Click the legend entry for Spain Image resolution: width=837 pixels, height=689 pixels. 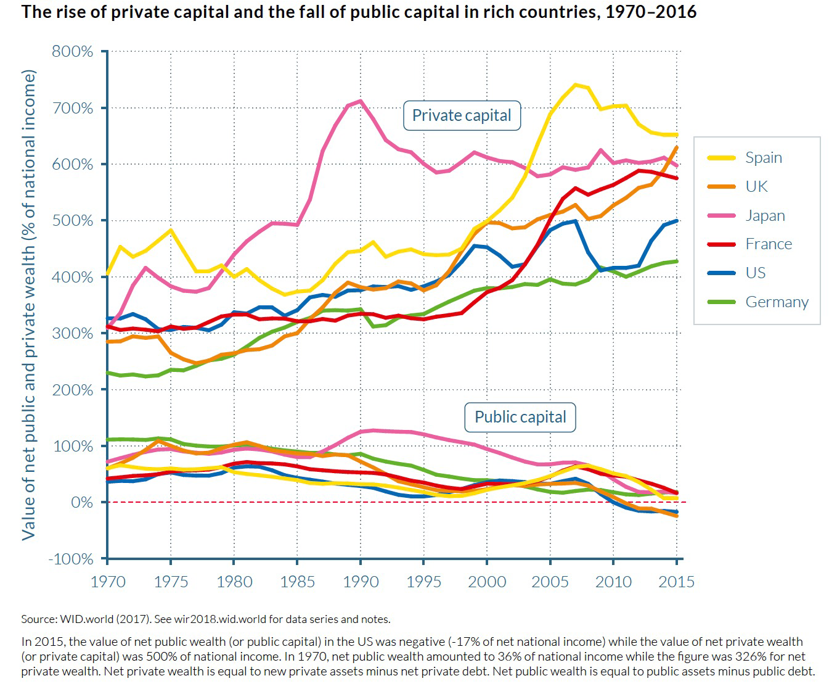[763, 158]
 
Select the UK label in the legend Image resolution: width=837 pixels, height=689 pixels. [756, 186]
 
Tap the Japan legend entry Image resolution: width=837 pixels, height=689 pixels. [765, 215]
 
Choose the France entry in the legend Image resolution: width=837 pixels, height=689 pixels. [768, 244]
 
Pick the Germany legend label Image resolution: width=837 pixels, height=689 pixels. [776, 302]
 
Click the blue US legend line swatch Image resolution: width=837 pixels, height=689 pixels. [721, 273]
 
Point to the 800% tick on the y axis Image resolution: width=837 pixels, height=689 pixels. [73, 51]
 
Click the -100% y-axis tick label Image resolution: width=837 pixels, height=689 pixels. [71, 559]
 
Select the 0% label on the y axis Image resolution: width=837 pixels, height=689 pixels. [81, 503]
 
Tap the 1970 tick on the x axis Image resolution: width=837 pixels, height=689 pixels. [108, 582]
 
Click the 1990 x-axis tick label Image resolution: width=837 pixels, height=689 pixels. [361, 582]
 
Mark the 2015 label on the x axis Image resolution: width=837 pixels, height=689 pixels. [676, 582]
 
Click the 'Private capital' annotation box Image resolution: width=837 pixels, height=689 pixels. [462, 116]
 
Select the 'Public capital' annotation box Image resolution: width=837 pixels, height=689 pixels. [520, 418]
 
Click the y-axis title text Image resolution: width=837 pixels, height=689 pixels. [28, 305]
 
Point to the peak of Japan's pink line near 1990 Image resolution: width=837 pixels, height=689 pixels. [361, 101]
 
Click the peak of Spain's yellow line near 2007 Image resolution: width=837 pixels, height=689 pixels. [576, 85]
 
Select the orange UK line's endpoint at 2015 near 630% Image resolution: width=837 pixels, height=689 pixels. [677, 147]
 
